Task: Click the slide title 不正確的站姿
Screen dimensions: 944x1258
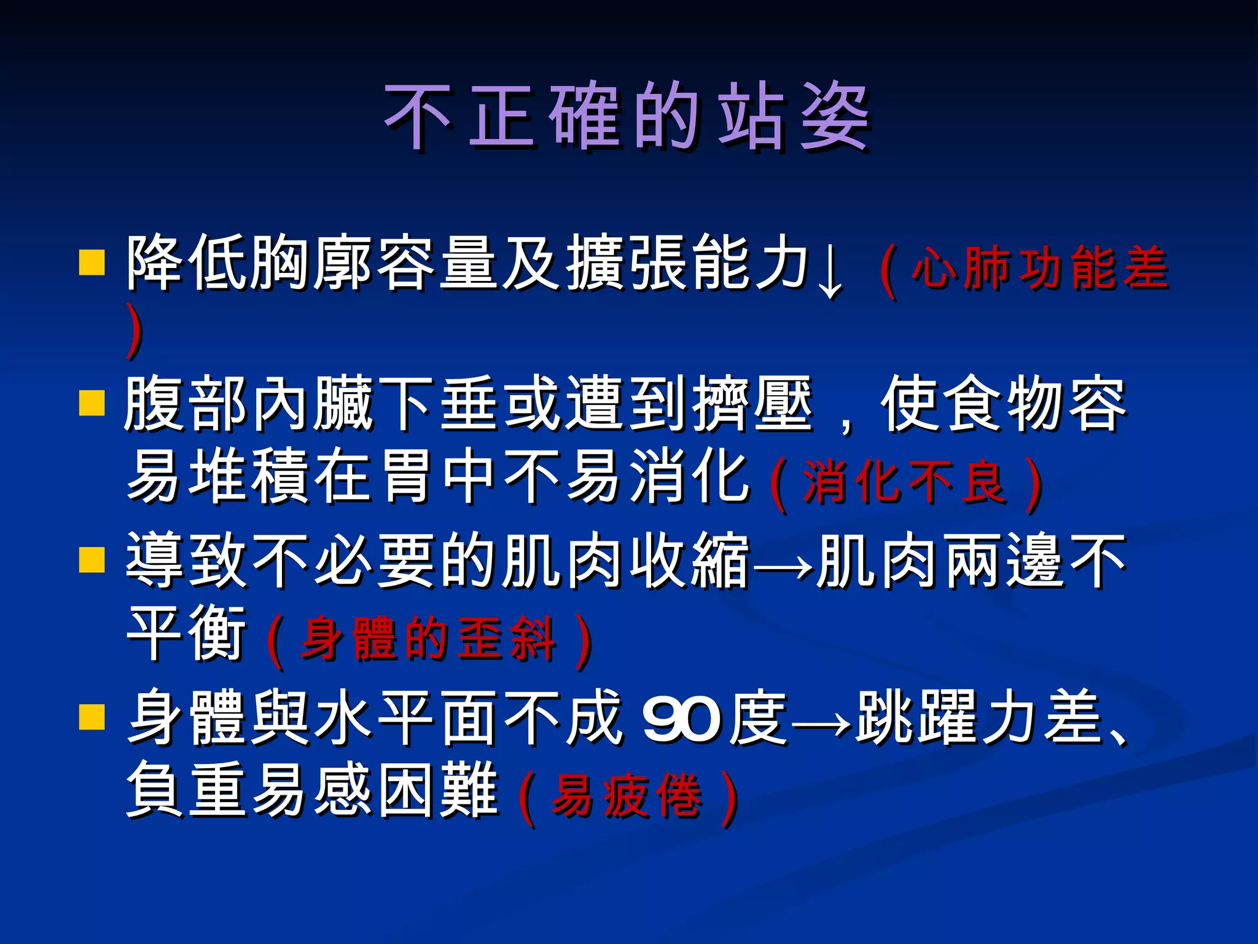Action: pyautogui.click(x=627, y=117)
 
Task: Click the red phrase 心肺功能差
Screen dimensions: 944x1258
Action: pyautogui.click(x=1039, y=268)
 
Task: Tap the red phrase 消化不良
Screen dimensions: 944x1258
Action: pyautogui.click(x=904, y=482)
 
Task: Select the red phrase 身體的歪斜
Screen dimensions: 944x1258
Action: pyautogui.click(x=429, y=639)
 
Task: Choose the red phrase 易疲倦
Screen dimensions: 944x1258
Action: pyautogui.click(x=627, y=796)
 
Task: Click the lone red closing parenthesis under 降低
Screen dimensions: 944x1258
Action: pyautogui.click(x=135, y=332)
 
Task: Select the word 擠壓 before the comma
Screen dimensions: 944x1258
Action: pyautogui.click(x=753, y=404)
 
